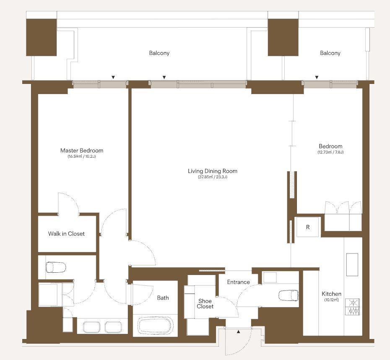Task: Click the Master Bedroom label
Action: click(x=82, y=151)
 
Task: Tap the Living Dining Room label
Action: click(x=213, y=171)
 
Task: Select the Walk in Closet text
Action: click(x=66, y=234)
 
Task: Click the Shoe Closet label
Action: click(x=205, y=304)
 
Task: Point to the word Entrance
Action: click(x=238, y=282)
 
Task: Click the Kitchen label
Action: click(x=331, y=294)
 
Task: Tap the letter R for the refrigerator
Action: click(x=308, y=227)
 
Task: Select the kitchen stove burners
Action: click(x=352, y=307)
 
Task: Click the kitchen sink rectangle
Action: click(x=352, y=264)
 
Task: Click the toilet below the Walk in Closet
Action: click(x=56, y=267)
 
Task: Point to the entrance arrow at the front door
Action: click(x=239, y=331)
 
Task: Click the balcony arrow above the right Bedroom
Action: click(x=317, y=77)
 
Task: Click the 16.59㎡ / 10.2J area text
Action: click(x=82, y=157)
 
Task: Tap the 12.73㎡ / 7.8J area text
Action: click(x=330, y=152)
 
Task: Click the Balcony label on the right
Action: click(x=330, y=53)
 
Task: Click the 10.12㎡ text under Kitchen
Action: click(x=331, y=300)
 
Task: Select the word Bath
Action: click(x=163, y=297)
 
